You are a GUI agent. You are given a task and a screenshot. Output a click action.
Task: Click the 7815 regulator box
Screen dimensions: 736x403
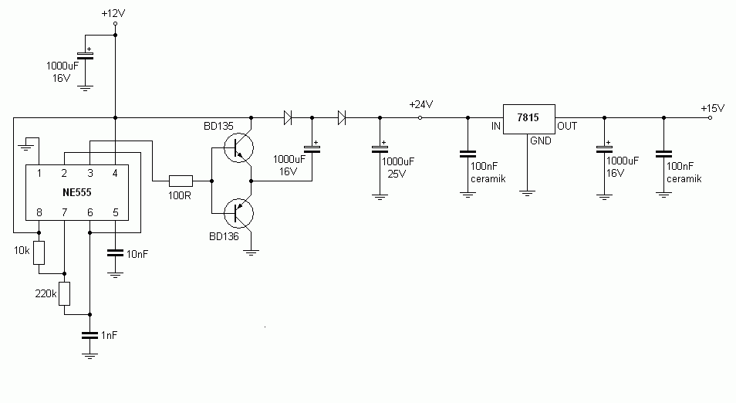click(x=529, y=120)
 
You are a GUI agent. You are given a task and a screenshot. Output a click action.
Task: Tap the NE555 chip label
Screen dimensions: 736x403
click(x=77, y=192)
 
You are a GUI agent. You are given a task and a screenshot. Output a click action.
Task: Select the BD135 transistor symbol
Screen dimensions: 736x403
click(x=238, y=148)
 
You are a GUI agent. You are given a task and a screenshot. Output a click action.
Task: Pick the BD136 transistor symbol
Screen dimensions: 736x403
click(x=238, y=213)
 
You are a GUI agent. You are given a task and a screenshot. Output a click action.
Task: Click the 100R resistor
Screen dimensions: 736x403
click(x=181, y=181)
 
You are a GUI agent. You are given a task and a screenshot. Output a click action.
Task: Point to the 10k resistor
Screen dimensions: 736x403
click(x=39, y=252)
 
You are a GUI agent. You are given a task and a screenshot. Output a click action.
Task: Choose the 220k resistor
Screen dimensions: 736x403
click(x=64, y=294)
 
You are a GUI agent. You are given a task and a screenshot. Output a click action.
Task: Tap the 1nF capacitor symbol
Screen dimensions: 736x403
click(x=89, y=335)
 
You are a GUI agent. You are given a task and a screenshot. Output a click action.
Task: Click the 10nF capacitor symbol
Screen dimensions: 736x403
click(x=115, y=253)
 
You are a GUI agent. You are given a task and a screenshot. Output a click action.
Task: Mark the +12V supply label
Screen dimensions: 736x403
click(x=113, y=13)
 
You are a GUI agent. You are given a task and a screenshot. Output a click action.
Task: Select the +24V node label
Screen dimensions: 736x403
click(x=421, y=104)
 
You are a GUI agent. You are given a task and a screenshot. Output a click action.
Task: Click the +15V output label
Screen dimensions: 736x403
click(x=713, y=108)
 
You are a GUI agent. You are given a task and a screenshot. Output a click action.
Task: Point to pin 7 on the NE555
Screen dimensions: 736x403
click(x=64, y=213)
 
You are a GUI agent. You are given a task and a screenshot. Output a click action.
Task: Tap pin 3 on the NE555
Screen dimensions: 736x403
click(x=90, y=173)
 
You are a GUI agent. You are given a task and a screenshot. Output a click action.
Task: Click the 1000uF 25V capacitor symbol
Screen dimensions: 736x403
click(x=380, y=148)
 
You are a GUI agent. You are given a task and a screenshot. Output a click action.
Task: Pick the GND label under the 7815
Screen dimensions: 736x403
click(x=541, y=141)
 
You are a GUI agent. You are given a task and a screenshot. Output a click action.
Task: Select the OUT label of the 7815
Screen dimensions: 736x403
click(x=567, y=126)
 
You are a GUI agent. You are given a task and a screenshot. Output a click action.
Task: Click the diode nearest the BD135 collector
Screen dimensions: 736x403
click(x=288, y=117)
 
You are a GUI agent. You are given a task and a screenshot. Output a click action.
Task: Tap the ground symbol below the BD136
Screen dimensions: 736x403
click(x=252, y=252)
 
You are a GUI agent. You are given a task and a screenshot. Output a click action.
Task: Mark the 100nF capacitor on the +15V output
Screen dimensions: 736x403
click(x=663, y=154)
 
